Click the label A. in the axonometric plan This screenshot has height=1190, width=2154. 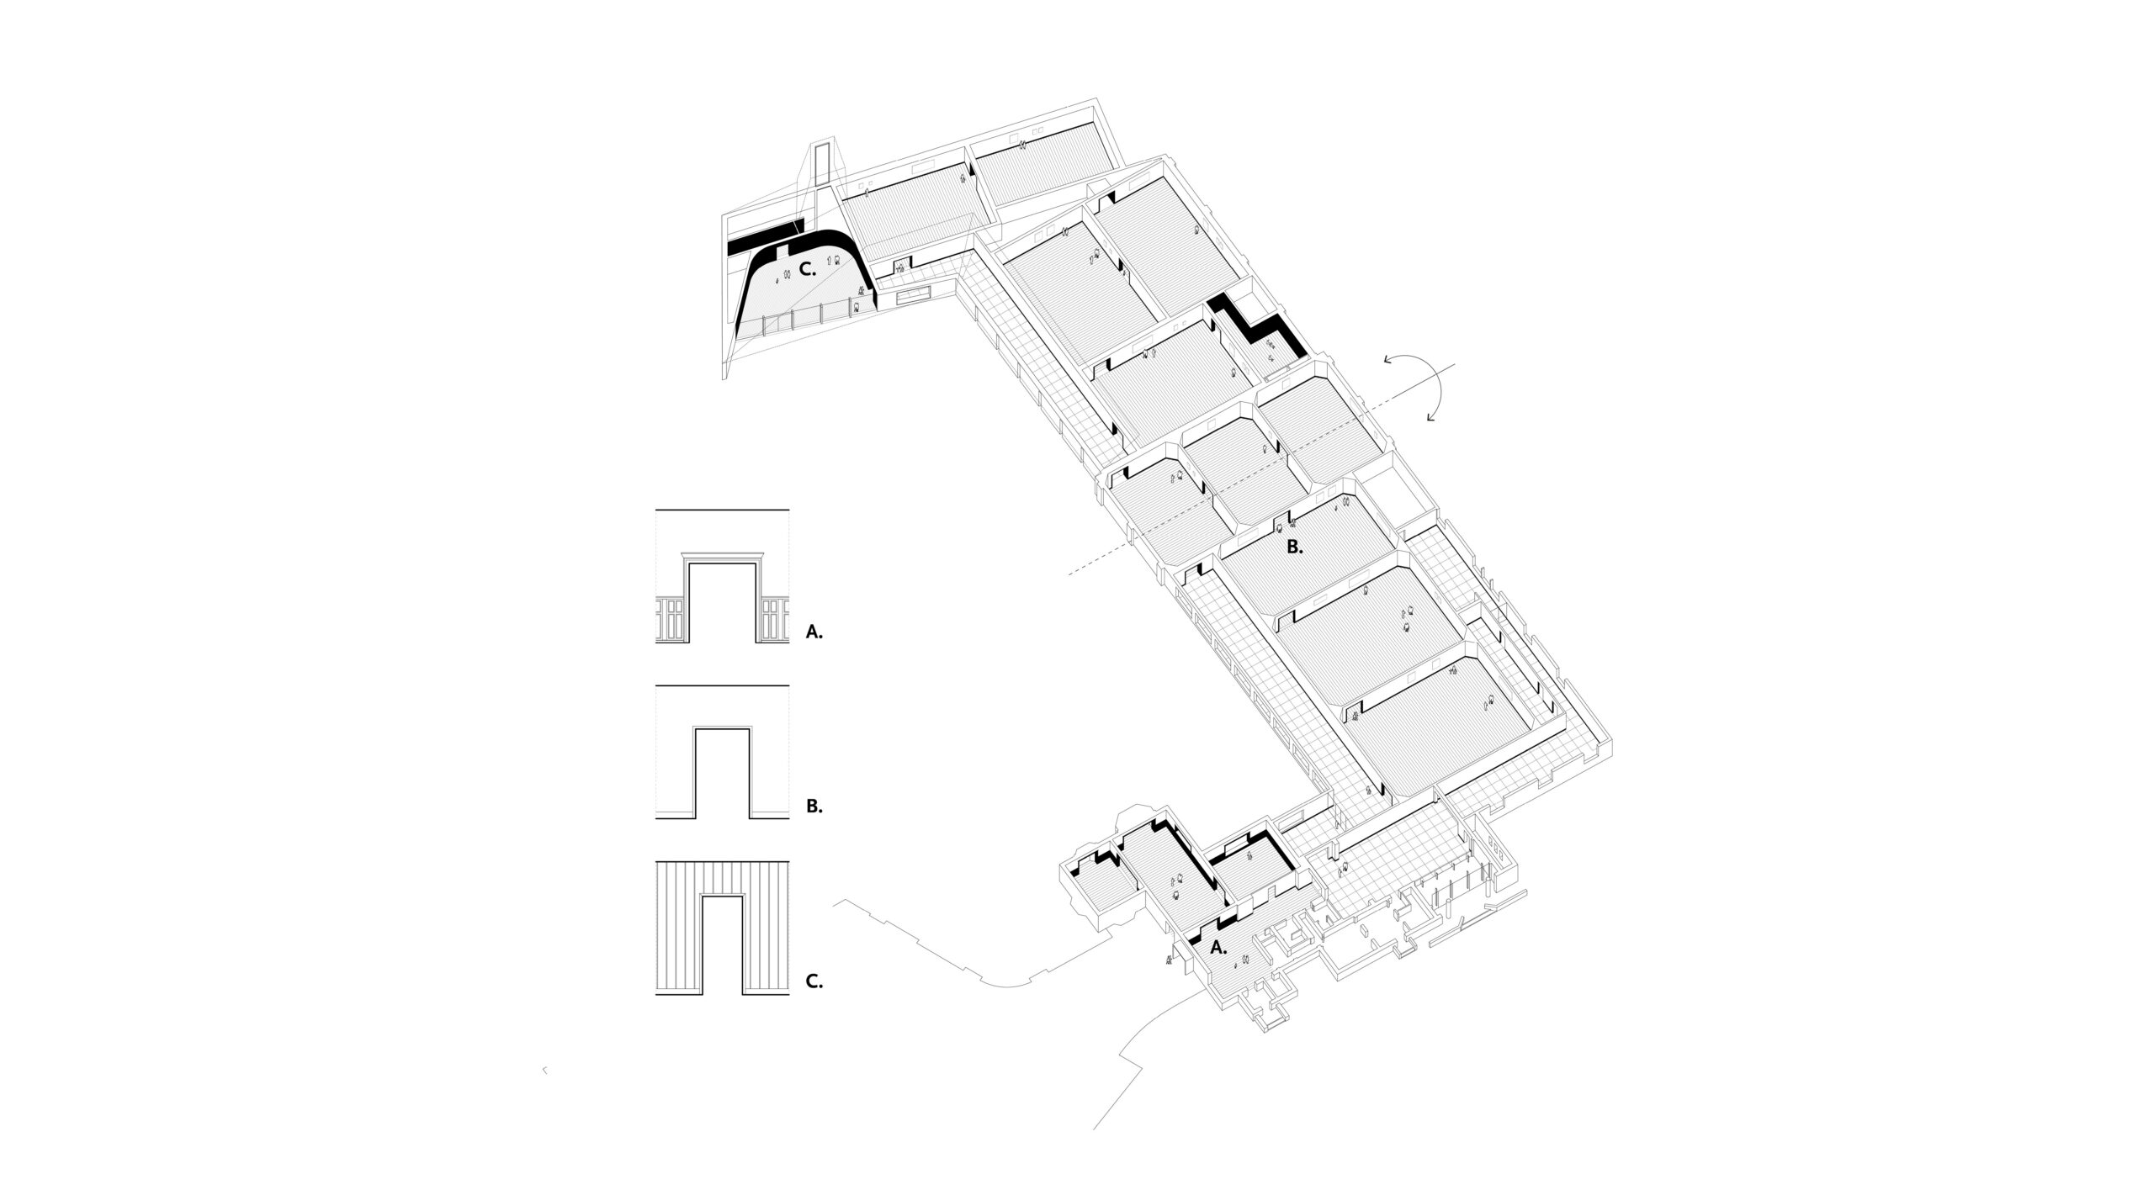[1218, 947]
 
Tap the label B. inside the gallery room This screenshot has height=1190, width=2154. [1295, 547]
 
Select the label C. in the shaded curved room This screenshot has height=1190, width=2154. [218, 270]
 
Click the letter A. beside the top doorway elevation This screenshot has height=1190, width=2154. [814, 632]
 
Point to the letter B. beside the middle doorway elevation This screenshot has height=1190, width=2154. [814, 806]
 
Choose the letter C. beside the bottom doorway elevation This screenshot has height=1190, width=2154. [814, 981]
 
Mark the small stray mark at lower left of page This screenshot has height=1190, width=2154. [544, 1094]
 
